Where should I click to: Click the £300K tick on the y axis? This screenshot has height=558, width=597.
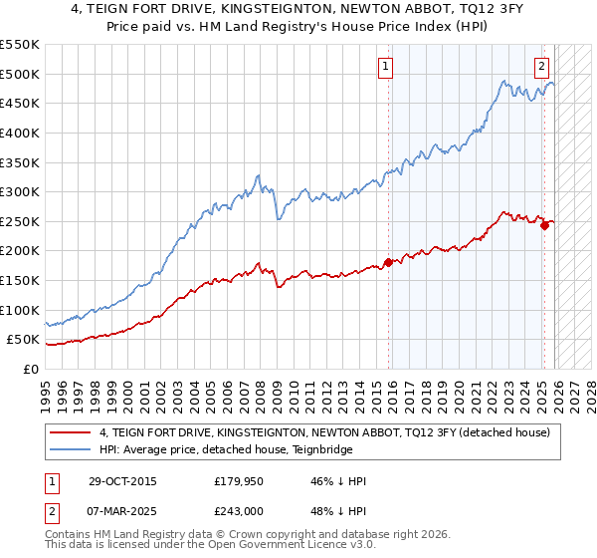(x=20, y=191)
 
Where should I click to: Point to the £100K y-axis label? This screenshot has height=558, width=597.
(x=20, y=310)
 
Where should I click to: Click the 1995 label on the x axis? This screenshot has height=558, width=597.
(x=46, y=387)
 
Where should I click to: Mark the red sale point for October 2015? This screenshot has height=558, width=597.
(x=388, y=262)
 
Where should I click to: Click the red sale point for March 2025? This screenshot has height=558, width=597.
(x=545, y=225)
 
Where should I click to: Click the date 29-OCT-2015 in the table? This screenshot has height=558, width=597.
(x=121, y=482)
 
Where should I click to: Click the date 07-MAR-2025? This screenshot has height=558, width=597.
(x=121, y=510)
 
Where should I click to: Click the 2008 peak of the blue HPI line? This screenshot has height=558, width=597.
(x=260, y=175)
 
